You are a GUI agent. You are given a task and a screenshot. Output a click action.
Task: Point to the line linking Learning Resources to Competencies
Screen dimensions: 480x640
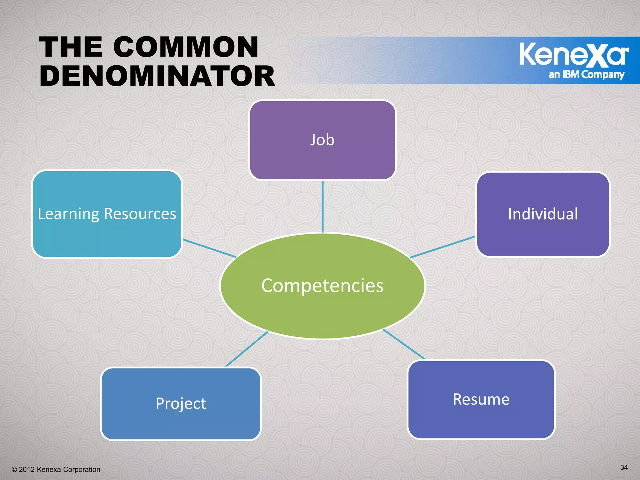[209, 248]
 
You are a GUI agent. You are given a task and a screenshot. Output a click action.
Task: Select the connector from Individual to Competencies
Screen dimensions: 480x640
[442, 247]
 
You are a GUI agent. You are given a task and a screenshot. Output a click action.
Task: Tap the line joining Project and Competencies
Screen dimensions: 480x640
[247, 349]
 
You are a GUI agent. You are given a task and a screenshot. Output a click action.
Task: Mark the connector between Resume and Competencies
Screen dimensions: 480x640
[404, 344]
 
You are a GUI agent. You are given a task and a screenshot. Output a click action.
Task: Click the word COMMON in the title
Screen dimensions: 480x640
[186, 47]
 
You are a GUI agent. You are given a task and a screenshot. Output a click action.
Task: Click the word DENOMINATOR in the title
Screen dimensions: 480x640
[157, 77]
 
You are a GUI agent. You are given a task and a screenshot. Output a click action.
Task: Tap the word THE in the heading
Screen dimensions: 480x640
[71, 47]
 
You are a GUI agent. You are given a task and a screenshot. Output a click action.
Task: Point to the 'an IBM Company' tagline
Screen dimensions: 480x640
[586, 75]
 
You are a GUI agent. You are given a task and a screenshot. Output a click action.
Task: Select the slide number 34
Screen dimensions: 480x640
[624, 467]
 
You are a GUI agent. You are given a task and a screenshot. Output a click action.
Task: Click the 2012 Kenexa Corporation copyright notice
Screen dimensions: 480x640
[56, 469]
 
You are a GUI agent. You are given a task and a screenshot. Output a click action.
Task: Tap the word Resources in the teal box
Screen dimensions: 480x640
[140, 214]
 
